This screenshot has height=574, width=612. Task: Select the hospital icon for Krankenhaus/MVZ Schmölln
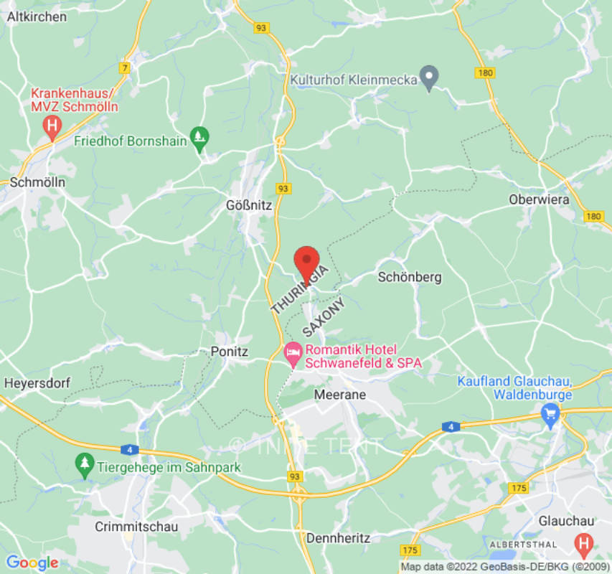tap(52, 128)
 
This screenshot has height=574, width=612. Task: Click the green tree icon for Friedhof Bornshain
tap(199, 136)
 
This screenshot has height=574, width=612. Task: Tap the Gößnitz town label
tap(249, 205)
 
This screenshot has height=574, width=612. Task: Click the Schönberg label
tap(410, 277)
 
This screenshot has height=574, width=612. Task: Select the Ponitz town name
tap(230, 352)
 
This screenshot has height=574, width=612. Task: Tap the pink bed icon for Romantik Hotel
tap(293, 352)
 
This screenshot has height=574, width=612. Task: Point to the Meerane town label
tap(340, 395)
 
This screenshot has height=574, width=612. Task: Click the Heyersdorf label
tap(37, 383)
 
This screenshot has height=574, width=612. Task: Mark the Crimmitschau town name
tap(136, 526)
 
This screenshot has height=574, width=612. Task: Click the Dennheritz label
tap(338, 537)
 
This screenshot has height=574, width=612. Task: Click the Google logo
tap(32, 563)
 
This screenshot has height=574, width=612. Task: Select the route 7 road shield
tap(126, 68)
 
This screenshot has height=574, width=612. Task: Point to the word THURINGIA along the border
tap(300, 289)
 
